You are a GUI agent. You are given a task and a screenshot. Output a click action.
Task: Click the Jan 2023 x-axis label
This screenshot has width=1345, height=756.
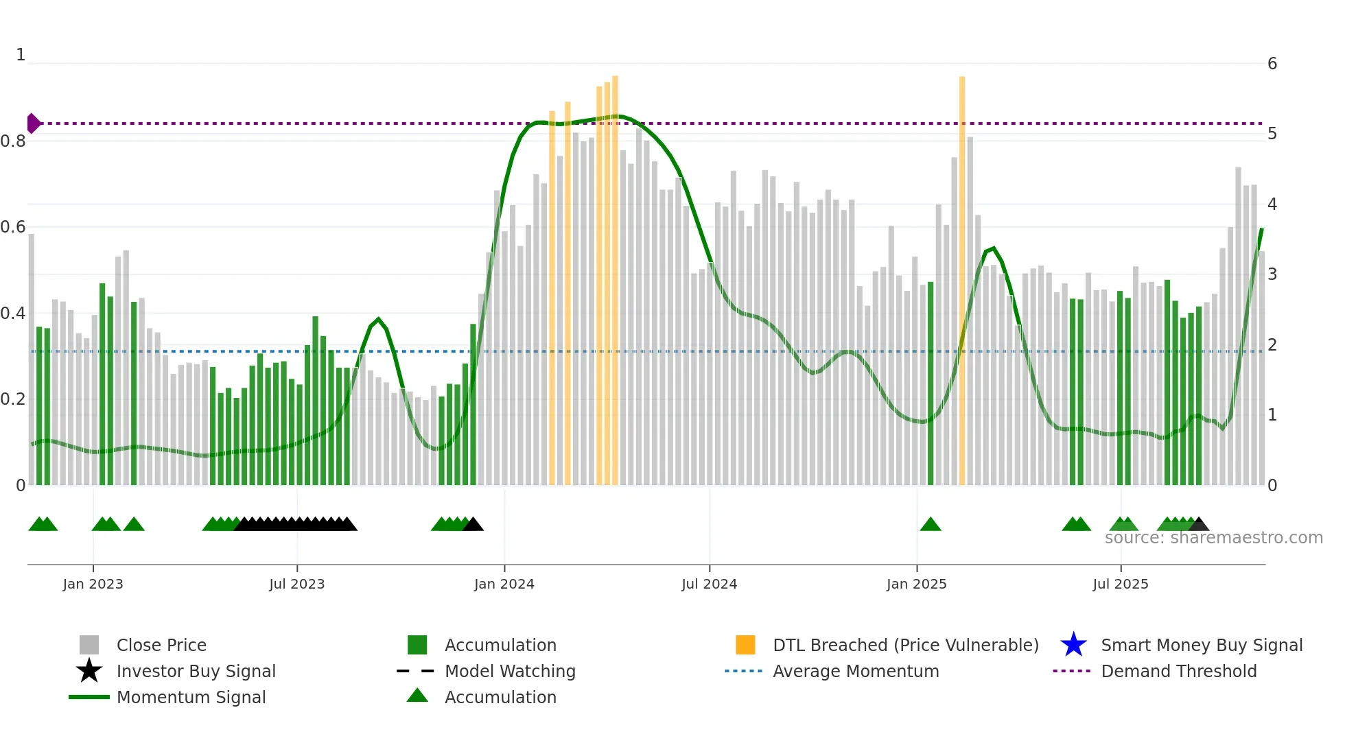click(x=93, y=584)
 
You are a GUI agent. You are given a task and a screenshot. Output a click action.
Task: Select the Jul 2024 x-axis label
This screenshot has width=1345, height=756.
click(x=709, y=584)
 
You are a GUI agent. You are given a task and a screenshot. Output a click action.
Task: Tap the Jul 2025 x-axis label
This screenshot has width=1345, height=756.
click(x=1120, y=584)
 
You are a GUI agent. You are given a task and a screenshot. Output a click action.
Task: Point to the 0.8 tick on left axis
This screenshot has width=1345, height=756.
click(x=14, y=141)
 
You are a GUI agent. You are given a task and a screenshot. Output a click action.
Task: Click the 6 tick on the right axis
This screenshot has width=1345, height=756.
click(x=1272, y=64)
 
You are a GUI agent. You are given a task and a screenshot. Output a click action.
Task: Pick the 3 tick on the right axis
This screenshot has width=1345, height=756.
click(x=1272, y=274)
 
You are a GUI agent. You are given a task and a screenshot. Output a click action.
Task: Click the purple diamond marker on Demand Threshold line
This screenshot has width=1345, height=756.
click(x=33, y=123)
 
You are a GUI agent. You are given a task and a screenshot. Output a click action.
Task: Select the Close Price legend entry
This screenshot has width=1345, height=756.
click(x=161, y=645)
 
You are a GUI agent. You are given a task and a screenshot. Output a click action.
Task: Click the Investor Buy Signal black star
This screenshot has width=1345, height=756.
click(x=89, y=671)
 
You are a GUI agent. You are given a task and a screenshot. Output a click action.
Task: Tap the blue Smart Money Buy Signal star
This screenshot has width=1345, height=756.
click(x=1073, y=645)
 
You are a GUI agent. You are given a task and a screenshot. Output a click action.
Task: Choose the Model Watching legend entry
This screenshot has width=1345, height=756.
click(x=510, y=671)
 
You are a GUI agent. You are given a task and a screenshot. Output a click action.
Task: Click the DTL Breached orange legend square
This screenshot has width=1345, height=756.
click(x=745, y=645)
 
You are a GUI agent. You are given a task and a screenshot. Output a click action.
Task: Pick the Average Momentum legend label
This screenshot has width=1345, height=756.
click(x=856, y=671)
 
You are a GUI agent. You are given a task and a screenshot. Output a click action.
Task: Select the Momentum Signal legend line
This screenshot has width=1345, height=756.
click(x=89, y=697)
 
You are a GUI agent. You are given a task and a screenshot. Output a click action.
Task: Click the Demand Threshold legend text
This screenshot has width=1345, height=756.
click(x=1178, y=671)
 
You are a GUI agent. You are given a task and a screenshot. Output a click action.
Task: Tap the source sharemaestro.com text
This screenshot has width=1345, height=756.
click(x=1213, y=538)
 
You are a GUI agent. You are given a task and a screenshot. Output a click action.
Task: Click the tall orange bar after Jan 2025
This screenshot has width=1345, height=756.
click(x=962, y=281)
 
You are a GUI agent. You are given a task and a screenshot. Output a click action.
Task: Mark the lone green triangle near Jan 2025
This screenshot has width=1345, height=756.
click(x=931, y=525)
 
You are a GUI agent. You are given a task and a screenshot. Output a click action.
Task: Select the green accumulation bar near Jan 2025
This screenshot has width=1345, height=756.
click(x=931, y=384)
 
